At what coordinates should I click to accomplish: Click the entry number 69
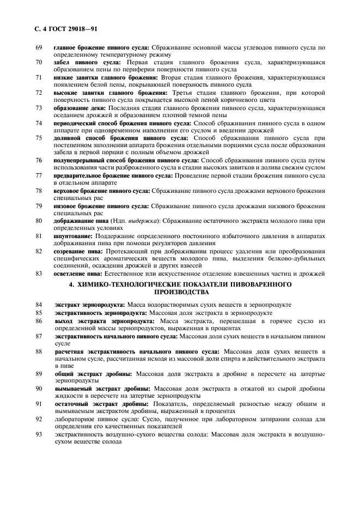click(39, 48)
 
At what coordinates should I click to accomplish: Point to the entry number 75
click(39, 138)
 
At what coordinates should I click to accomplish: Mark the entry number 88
click(39, 351)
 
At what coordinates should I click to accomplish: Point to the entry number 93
click(39, 434)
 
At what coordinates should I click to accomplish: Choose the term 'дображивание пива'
click(81, 221)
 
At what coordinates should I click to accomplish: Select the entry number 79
click(39, 207)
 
